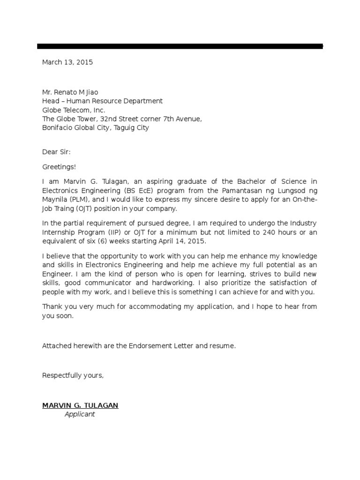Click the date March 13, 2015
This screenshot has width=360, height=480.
(67, 62)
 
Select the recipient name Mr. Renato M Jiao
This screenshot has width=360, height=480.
(70, 92)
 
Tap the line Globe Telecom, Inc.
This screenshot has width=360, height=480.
(74, 110)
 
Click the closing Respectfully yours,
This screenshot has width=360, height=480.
(73, 375)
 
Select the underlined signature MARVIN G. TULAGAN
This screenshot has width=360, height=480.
(80, 405)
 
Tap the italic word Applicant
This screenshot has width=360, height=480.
(80, 414)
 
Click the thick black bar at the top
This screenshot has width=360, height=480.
(180, 46)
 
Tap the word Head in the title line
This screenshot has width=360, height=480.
(51, 101)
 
